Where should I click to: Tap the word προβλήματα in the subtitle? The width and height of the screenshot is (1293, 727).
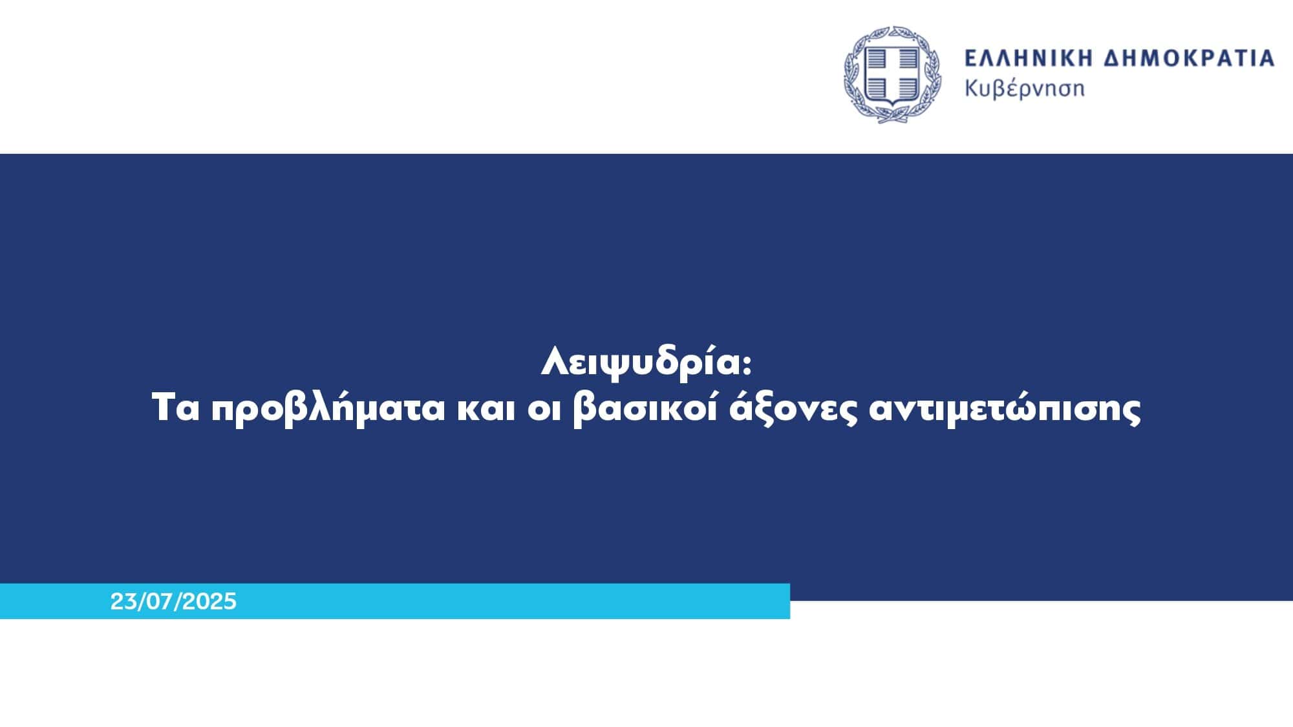click(x=328, y=410)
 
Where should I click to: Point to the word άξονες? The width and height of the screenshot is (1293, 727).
click(x=793, y=410)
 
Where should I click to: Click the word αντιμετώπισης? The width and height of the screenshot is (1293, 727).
click(x=1005, y=410)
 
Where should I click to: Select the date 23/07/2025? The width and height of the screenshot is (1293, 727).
click(x=173, y=602)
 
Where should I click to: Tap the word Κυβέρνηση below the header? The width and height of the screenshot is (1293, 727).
click(x=1025, y=88)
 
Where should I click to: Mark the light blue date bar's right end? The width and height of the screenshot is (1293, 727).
click(x=789, y=601)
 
